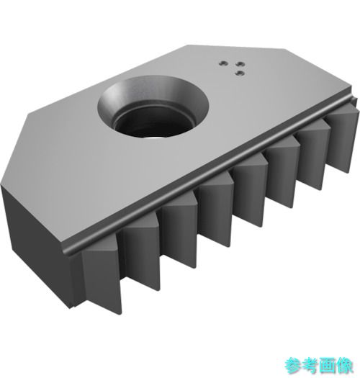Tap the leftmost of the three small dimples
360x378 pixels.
tap(223, 63)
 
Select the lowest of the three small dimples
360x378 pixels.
tap(240, 73)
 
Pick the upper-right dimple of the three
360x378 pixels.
tap(240, 64)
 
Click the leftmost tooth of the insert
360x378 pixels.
tap(102, 275)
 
